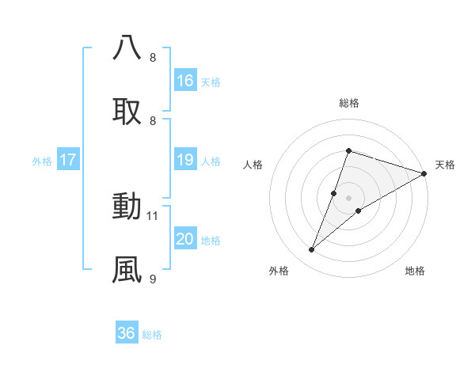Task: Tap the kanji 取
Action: pyautogui.click(x=127, y=112)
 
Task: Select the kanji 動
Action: pyautogui.click(x=127, y=206)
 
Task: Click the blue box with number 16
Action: pyautogui.click(x=185, y=81)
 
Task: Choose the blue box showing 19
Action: pyautogui.click(x=185, y=161)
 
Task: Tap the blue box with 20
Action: pyautogui.click(x=185, y=240)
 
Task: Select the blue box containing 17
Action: pyautogui.click(x=68, y=161)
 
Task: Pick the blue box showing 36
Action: pyautogui.click(x=127, y=333)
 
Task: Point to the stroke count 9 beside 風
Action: pyautogui.click(x=153, y=279)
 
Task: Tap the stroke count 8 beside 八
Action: pyautogui.click(x=153, y=57)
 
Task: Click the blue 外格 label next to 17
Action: pyautogui.click(x=42, y=161)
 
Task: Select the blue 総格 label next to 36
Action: pyautogui.click(x=152, y=335)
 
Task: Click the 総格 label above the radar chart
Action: pyautogui.click(x=348, y=103)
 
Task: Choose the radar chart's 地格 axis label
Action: pyautogui.click(x=415, y=271)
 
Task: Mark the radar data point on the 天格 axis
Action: pyautogui.click(x=424, y=173)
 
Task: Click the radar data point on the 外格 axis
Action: pyautogui.click(x=312, y=250)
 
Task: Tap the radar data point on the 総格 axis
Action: pyautogui.click(x=348, y=150)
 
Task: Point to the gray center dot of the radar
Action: pyautogui.click(x=348, y=198)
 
